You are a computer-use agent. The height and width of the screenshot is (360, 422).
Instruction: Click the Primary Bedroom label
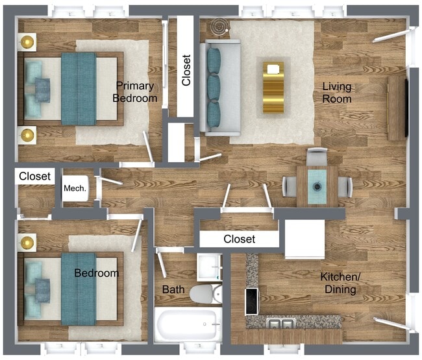(135, 92)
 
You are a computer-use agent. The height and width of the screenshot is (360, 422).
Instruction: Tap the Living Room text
(337, 93)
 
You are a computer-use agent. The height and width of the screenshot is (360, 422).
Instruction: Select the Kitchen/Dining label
(338, 283)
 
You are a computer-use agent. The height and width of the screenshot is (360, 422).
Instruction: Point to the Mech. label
(75, 189)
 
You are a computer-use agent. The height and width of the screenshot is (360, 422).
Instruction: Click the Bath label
(173, 289)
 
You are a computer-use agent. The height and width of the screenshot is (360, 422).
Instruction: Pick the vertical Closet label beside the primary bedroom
(186, 69)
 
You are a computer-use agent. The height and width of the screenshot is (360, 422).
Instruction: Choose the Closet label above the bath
(239, 239)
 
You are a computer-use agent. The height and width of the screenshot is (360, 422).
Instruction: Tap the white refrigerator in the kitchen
(304, 239)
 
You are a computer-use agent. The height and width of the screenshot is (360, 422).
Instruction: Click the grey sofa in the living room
(219, 87)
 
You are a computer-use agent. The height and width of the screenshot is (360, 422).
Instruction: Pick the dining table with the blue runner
(317, 186)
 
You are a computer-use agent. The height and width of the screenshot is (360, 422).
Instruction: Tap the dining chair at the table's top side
(317, 156)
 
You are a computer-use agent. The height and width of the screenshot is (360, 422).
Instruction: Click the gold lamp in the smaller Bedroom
(28, 243)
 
